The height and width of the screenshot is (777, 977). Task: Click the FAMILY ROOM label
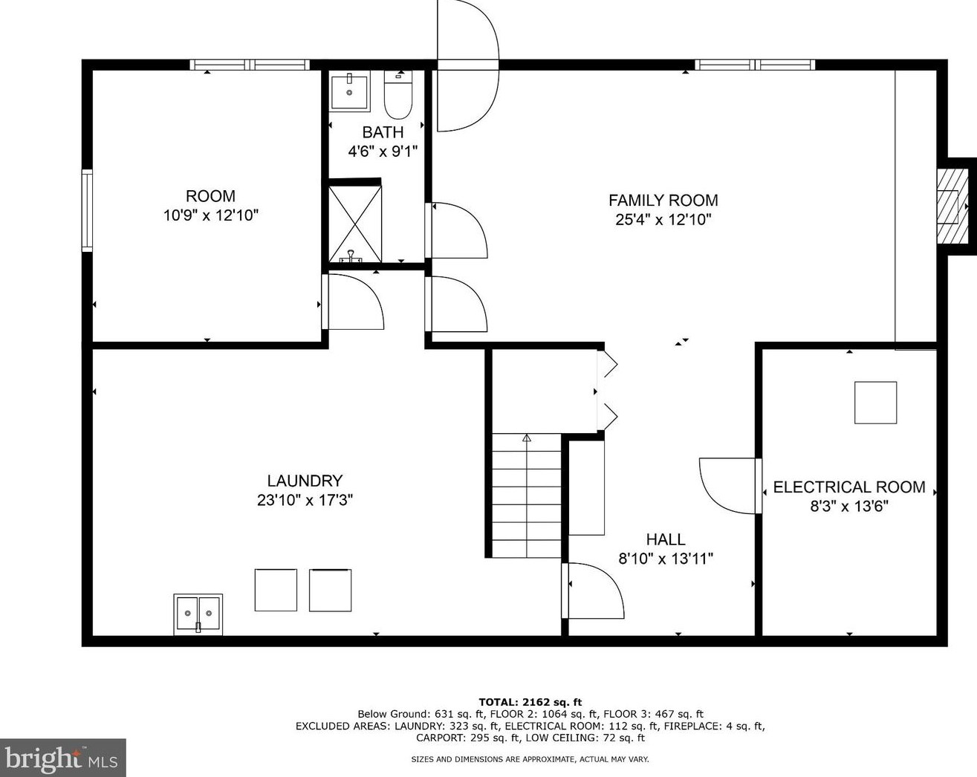pyautogui.click(x=663, y=200)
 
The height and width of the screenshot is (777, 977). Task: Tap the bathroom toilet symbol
pyautogui.click(x=398, y=94)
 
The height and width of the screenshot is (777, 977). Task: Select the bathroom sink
pyautogui.click(x=349, y=91)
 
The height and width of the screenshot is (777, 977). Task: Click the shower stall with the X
pyautogui.click(x=354, y=224)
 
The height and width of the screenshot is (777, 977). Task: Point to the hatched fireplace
pyautogui.click(x=952, y=207)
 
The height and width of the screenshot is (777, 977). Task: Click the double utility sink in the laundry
pyautogui.click(x=198, y=614)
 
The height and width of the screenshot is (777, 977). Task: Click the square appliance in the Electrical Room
pyautogui.click(x=875, y=403)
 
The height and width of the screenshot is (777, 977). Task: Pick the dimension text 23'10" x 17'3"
pyautogui.click(x=305, y=500)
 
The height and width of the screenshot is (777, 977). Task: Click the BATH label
pyautogui.click(x=383, y=132)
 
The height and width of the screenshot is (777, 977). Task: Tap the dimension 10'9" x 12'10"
pyautogui.click(x=211, y=215)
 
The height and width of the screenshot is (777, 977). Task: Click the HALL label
pyautogui.click(x=666, y=539)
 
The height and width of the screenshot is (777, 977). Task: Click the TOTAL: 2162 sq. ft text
pyautogui.click(x=530, y=702)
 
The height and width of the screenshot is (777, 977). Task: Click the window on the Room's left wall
pyautogui.click(x=87, y=210)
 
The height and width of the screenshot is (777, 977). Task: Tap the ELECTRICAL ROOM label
pyautogui.click(x=849, y=487)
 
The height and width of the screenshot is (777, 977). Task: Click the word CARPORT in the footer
pyautogui.click(x=440, y=738)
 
